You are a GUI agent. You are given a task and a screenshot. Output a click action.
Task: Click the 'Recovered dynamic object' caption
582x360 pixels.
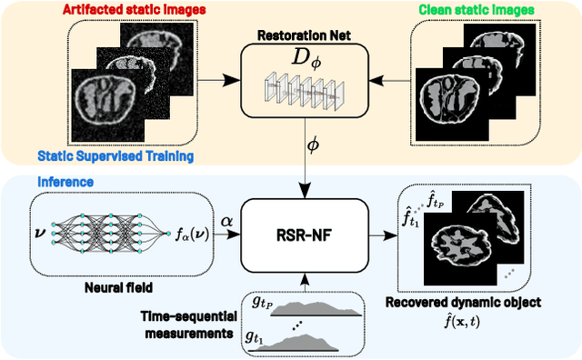[475, 300]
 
